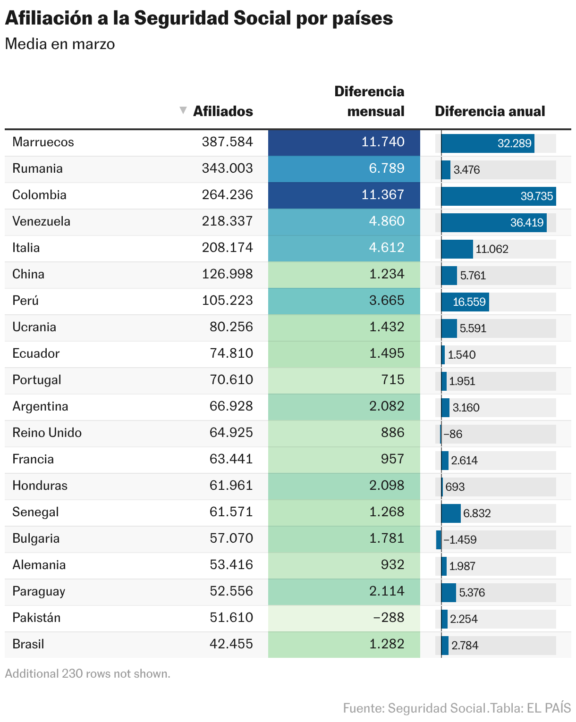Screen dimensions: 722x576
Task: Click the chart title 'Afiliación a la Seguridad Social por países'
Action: (199, 18)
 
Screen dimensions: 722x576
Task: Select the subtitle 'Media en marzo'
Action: (60, 44)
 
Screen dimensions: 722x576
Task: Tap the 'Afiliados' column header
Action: (223, 111)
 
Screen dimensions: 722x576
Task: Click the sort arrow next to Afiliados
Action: (183, 110)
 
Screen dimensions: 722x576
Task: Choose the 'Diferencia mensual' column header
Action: (369, 101)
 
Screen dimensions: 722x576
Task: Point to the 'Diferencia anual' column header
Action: (490, 111)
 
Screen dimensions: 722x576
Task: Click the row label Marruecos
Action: (43, 142)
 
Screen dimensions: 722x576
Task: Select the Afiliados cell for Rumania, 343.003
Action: (227, 168)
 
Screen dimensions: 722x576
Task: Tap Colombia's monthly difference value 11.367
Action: (382, 195)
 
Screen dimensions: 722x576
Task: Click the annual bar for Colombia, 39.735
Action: (499, 196)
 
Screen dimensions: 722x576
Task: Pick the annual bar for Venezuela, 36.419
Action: (494, 223)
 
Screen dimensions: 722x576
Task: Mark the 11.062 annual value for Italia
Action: (491, 249)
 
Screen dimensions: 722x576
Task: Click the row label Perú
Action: (25, 301)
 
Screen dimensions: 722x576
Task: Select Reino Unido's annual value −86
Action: (453, 434)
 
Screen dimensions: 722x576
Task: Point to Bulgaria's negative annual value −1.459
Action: (459, 540)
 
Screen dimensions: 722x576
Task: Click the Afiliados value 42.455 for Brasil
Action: (231, 644)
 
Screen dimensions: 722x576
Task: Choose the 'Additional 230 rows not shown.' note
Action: (87, 673)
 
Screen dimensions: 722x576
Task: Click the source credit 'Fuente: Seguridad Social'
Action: (414, 708)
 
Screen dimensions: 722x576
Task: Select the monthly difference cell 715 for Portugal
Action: (392, 380)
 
